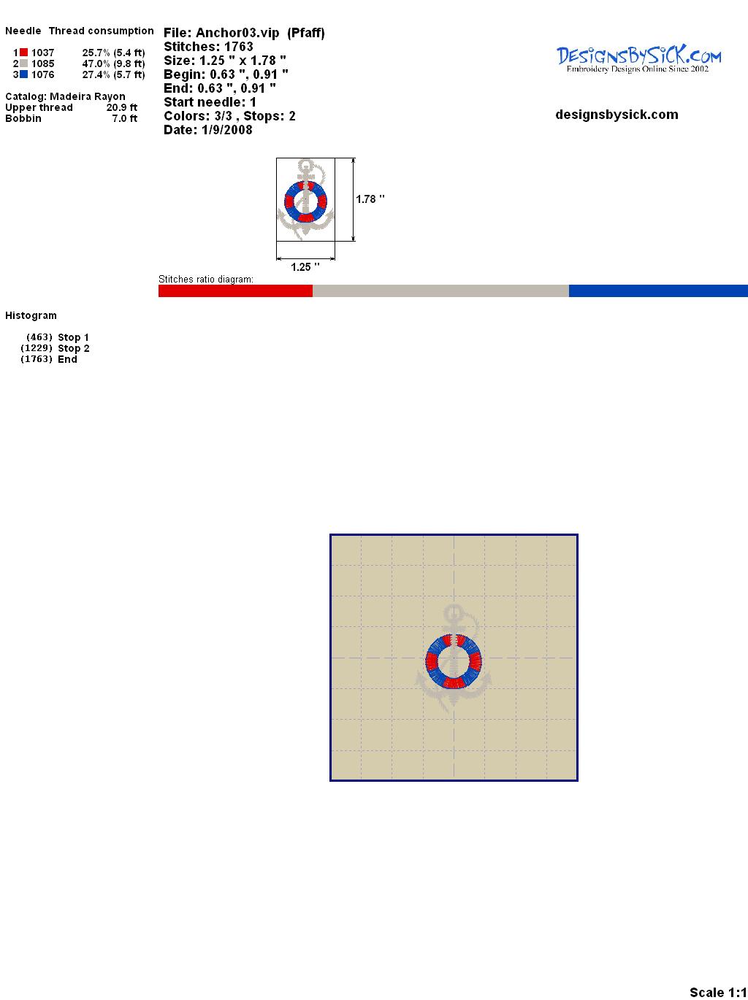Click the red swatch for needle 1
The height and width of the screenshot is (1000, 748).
[23, 53]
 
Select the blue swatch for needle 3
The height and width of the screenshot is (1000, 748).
[23, 74]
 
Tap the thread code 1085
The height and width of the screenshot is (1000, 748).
[43, 64]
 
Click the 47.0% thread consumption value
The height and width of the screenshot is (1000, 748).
[96, 64]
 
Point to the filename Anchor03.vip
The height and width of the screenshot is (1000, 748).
[237, 34]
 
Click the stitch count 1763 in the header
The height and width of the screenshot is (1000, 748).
[238, 47]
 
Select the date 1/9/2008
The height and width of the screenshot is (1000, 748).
[226, 130]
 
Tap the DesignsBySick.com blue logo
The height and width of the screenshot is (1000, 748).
[638, 59]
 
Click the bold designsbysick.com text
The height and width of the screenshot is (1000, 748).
[617, 115]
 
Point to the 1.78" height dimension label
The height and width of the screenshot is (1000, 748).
[370, 199]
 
